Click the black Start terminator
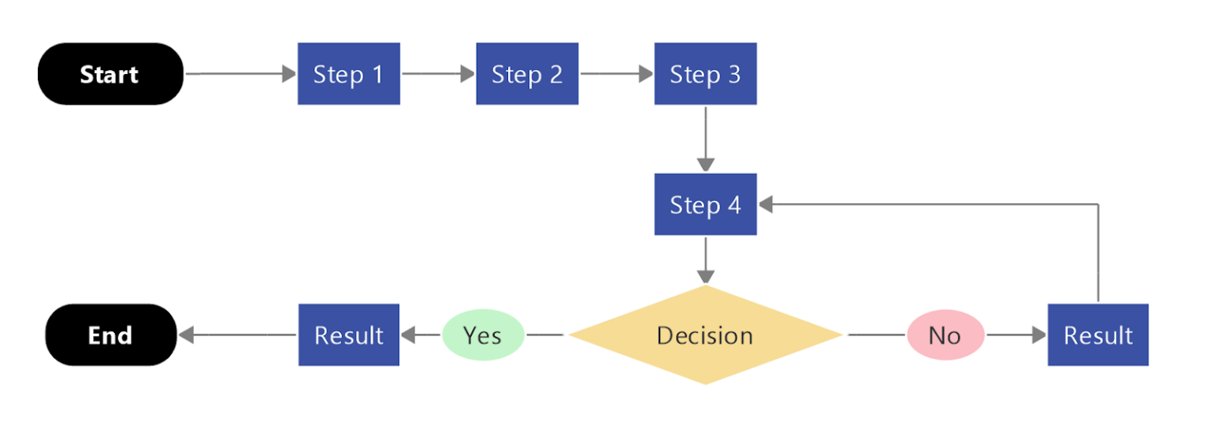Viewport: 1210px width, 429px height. click(110, 74)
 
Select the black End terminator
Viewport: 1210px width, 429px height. click(110, 335)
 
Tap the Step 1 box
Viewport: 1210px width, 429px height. click(348, 74)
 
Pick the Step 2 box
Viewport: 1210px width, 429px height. click(527, 74)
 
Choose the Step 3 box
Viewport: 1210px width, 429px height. click(705, 74)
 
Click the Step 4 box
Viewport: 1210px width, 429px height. click(705, 205)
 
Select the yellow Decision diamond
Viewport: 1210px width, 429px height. click(705, 335)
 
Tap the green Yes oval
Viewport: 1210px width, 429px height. click(483, 335)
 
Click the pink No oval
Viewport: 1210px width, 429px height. click(945, 335)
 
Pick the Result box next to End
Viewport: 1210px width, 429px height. click(348, 335)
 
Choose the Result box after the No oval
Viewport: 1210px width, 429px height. click(1097, 335)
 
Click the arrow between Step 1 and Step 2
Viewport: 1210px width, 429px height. click(438, 74)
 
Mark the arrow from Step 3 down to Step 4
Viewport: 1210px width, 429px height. click(706, 139)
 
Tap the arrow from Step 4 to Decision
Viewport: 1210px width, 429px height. click(706, 260)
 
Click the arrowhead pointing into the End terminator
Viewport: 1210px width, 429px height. click(186, 335)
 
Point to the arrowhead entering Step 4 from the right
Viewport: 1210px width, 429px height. click(766, 205)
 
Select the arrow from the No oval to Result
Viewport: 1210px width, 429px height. click(1016, 335)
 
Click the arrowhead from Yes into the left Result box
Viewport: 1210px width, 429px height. click(409, 335)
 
